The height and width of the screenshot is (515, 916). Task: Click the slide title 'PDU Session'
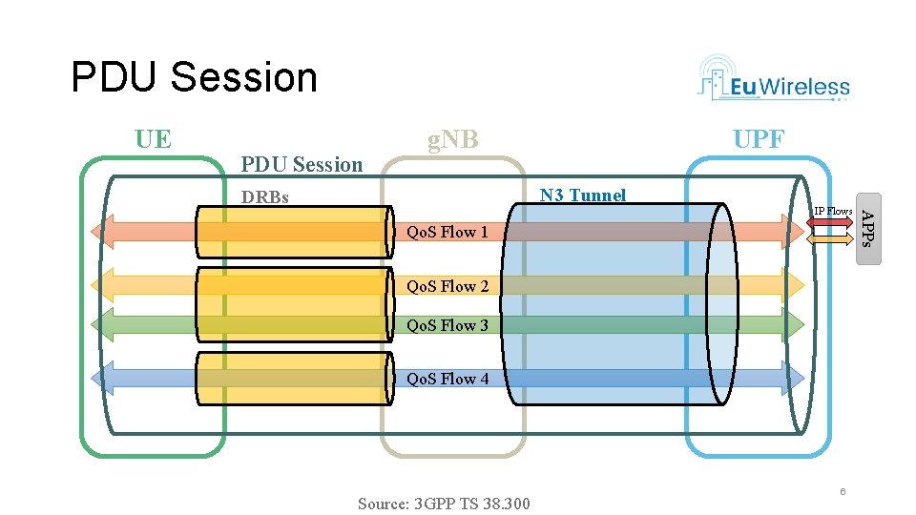pos(194,77)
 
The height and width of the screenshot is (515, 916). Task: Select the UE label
pos(153,139)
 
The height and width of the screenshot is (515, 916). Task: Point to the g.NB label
pos(452,140)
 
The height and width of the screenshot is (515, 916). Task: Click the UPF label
pos(758,140)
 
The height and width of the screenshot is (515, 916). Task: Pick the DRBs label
pos(264,198)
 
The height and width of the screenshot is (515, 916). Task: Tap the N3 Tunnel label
pos(582,196)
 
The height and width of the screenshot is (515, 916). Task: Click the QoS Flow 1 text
pos(448,232)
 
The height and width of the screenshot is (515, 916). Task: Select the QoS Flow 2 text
pos(448,286)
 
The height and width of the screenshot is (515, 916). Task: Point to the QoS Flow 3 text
pos(448,325)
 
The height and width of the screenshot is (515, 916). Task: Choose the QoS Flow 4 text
pos(448,379)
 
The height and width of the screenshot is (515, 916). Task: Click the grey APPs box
pos(866,230)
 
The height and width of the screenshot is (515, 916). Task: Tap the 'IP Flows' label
pos(832,211)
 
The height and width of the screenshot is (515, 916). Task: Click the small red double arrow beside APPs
pos(831,222)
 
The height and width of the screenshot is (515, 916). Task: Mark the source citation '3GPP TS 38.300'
pos(444,504)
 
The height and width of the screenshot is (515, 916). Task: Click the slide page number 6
pos(843,491)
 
